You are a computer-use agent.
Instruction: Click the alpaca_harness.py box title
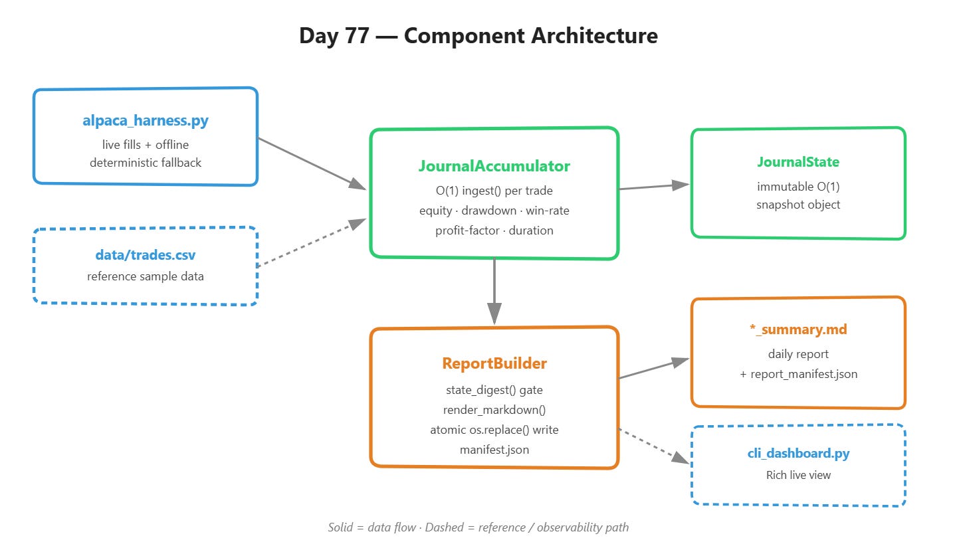(x=146, y=120)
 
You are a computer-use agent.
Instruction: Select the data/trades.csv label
(x=146, y=255)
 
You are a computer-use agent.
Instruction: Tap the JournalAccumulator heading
(x=494, y=166)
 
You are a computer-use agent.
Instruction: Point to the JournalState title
(x=798, y=162)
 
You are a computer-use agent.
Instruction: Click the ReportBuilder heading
(x=494, y=363)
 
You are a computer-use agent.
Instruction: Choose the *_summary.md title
(x=798, y=329)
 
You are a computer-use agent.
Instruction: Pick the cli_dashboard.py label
(x=798, y=453)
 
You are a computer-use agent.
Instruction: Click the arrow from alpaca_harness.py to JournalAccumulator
(x=312, y=163)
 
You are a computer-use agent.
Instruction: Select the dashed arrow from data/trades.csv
(x=312, y=243)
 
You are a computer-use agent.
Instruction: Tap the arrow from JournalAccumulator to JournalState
(x=654, y=187)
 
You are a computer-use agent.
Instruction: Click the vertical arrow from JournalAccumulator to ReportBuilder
(x=494, y=291)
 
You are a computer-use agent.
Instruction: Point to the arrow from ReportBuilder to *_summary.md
(x=654, y=368)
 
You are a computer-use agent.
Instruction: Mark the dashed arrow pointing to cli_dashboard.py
(x=654, y=446)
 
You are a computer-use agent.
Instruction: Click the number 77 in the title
(x=357, y=35)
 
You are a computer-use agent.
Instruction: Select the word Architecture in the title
(x=594, y=35)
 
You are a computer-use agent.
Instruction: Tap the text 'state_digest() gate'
(x=494, y=390)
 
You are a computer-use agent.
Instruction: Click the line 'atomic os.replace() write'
(x=494, y=430)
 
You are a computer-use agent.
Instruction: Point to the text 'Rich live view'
(x=798, y=475)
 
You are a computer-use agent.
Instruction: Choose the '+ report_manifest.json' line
(x=798, y=374)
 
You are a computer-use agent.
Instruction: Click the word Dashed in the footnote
(x=445, y=527)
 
